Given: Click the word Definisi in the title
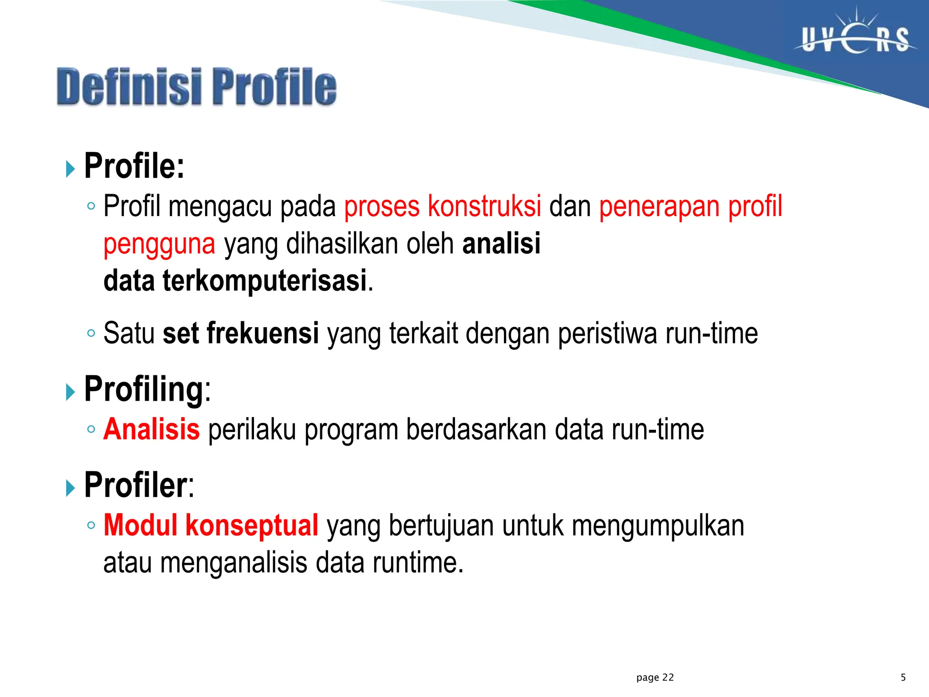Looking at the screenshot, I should tap(129, 87).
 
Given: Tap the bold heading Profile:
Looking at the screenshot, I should tap(134, 167).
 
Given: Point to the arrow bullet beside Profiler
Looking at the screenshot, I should tap(70, 488).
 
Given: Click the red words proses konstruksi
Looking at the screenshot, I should tap(442, 206).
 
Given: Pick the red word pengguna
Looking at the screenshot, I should tap(159, 244).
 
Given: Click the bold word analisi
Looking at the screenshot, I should tap(501, 244).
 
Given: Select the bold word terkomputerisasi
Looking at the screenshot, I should tap(264, 281).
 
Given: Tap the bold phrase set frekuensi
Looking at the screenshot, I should tap(240, 334).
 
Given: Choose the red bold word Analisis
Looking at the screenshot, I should tap(152, 430).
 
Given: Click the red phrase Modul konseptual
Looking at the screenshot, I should tap(211, 526).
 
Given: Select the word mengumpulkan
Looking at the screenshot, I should tap(658, 526).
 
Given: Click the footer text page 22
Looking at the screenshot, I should tap(655, 677).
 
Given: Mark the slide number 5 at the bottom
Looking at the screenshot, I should tap(903, 677).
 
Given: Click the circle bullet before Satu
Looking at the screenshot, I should tap(91, 334).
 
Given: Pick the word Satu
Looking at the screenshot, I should tap(129, 334).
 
